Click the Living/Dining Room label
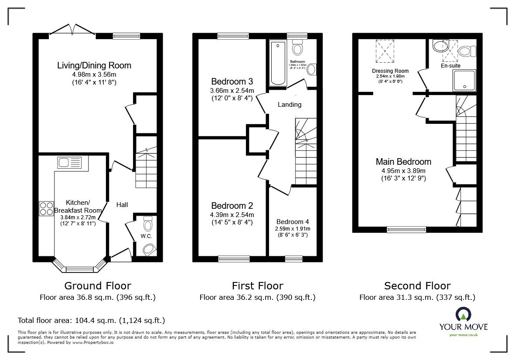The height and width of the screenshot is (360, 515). point(94,66)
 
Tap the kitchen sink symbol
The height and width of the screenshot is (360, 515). point(69,163)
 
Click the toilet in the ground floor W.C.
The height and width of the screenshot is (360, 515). point(148,224)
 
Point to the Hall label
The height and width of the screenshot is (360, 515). point(122,204)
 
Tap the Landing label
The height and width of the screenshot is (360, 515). point(290,105)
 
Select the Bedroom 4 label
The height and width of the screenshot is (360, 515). point(293,221)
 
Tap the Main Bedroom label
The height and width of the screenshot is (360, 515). point(403,162)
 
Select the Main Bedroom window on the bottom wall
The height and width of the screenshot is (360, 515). point(406,229)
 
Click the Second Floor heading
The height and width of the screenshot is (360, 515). point(417,286)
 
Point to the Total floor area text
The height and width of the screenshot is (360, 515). point(91,320)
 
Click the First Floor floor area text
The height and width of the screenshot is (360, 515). point(257,298)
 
